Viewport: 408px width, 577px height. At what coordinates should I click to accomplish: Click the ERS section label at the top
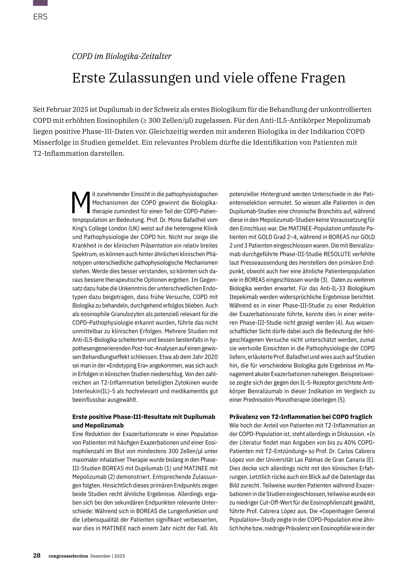click(40, 17)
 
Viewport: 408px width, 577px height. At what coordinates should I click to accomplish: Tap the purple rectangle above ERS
click(40, 3)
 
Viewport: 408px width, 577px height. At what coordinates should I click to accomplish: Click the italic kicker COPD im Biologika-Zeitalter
click(122, 56)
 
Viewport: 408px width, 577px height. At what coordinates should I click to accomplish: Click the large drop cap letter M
click(81, 202)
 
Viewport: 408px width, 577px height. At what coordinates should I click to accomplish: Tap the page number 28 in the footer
click(37, 555)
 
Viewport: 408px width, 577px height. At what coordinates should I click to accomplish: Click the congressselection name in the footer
click(68, 556)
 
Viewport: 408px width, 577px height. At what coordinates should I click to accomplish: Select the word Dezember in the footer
click(100, 556)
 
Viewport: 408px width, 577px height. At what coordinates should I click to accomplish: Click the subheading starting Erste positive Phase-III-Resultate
click(143, 417)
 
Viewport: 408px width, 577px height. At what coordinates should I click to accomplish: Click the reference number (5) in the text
click(341, 400)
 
